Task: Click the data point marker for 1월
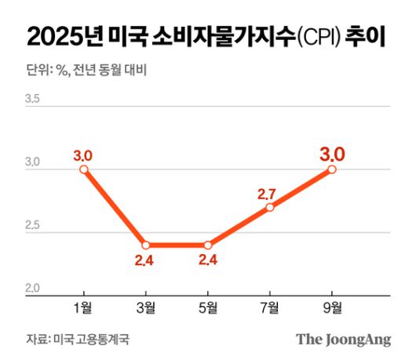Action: click(83, 169)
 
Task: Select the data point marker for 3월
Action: click(145, 245)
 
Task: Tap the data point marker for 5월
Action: click(207, 245)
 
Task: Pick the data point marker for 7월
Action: click(270, 207)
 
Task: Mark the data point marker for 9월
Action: click(332, 169)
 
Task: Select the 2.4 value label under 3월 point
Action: click(144, 260)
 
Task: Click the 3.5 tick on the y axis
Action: click(33, 100)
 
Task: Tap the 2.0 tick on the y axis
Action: click(33, 289)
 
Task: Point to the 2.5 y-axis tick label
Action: click(33, 226)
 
